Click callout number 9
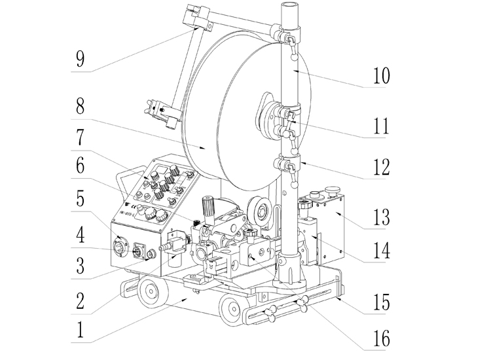(80, 58)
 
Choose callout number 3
(80, 265)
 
